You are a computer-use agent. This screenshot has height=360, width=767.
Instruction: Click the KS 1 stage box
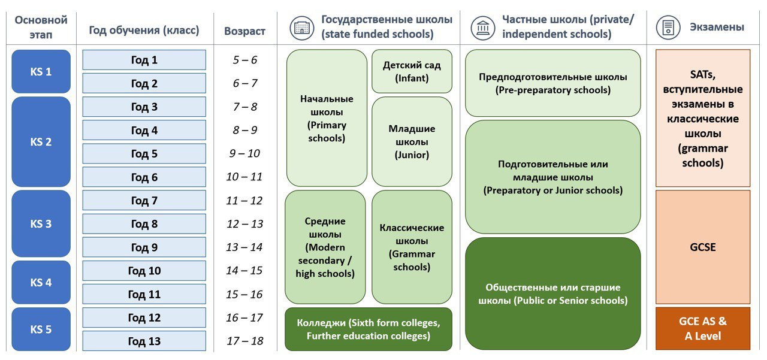click(x=41, y=71)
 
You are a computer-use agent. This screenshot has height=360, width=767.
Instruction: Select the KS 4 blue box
click(x=41, y=282)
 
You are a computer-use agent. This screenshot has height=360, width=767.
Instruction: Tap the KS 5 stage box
click(x=41, y=329)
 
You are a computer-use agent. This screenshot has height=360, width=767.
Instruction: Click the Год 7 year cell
click(x=144, y=201)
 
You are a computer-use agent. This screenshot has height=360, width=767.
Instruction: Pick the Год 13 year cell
click(x=144, y=341)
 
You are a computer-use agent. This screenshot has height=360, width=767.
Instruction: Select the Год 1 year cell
click(x=144, y=60)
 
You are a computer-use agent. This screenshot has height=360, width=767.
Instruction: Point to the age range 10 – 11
click(x=244, y=177)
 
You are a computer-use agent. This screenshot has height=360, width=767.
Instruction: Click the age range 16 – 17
click(x=244, y=317)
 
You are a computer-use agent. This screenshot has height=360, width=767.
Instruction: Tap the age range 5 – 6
click(x=244, y=60)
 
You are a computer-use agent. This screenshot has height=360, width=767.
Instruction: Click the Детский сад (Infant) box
click(x=412, y=71)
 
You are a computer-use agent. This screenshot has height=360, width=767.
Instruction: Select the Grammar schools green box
click(x=412, y=247)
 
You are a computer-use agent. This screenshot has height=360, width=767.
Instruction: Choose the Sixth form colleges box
click(x=368, y=329)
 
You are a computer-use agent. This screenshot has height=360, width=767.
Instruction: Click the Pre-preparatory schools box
click(x=552, y=83)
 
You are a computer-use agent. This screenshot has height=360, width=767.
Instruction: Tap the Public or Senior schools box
click(x=552, y=294)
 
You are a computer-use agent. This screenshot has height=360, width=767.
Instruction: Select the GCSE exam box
click(x=702, y=247)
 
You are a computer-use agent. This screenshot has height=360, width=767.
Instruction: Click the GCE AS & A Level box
click(x=702, y=329)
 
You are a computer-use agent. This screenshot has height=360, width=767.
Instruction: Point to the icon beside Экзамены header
click(x=666, y=28)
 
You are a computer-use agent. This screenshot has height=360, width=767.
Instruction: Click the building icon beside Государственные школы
click(x=301, y=28)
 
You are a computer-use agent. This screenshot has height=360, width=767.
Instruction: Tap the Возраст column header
click(x=244, y=31)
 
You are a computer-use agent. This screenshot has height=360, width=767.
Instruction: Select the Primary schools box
click(x=327, y=118)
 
